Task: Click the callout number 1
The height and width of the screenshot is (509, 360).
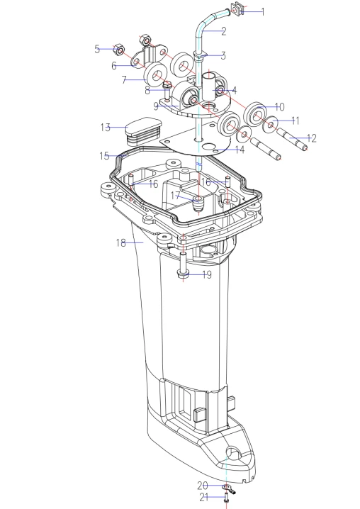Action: (263, 12)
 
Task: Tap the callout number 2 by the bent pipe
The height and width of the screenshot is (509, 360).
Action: (223, 31)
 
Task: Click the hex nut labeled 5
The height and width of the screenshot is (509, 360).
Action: (119, 50)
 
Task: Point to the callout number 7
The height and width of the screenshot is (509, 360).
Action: (124, 80)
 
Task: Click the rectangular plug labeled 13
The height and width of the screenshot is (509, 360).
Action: (143, 130)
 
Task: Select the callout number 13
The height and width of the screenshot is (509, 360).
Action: (106, 128)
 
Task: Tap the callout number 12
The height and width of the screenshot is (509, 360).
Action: (311, 139)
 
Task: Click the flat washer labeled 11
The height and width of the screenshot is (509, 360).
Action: (270, 124)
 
